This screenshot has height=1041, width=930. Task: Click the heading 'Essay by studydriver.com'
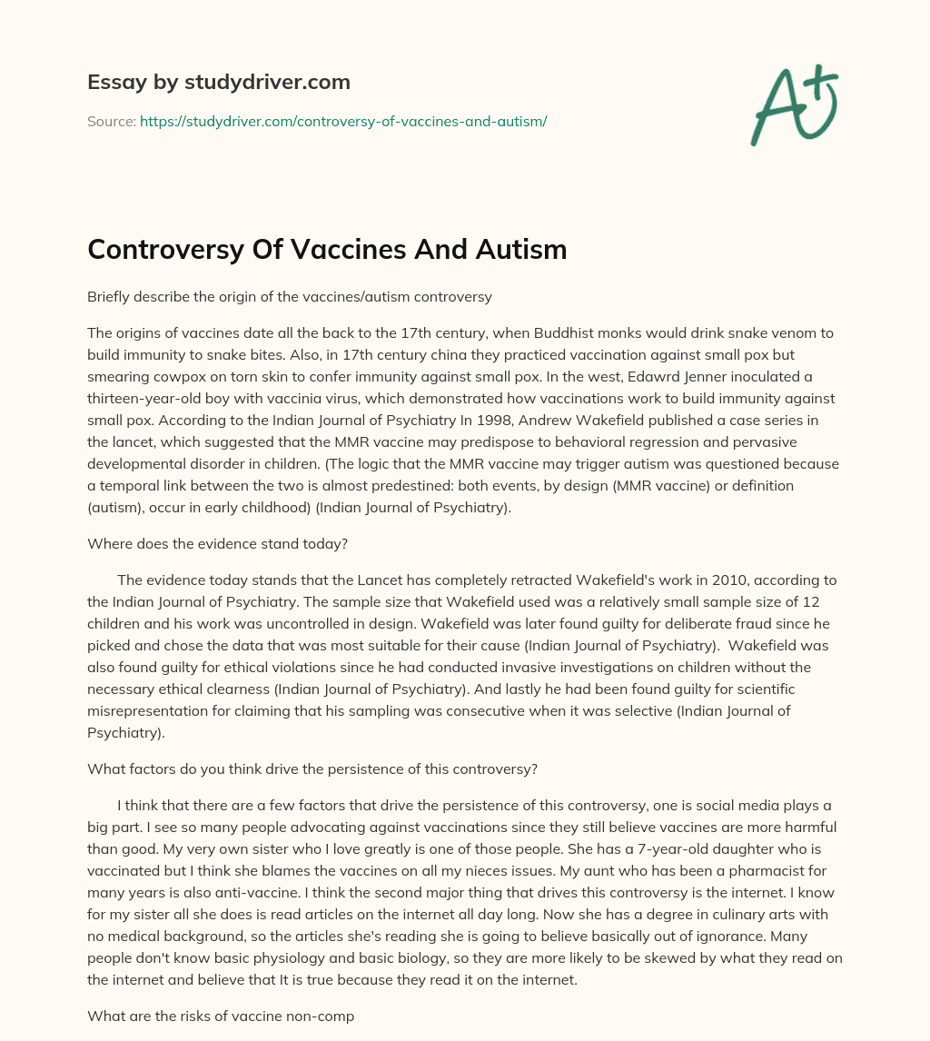pos(218,83)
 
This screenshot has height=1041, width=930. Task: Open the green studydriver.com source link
pos(343,121)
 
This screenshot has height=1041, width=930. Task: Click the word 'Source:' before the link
pos(111,121)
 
